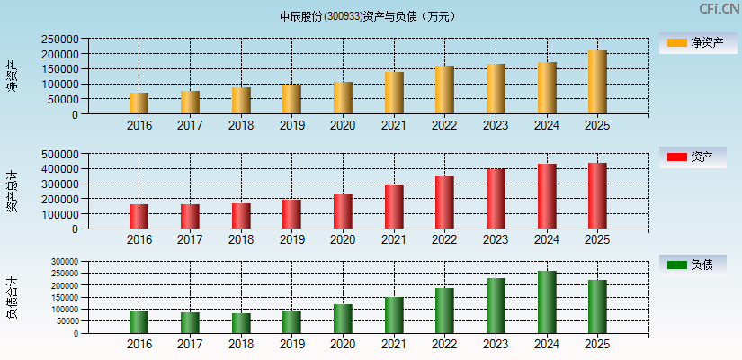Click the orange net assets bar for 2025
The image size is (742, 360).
[x=597, y=83]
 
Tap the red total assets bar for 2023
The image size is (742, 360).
[x=496, y=199]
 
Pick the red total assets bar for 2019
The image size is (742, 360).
[x=291, y=214]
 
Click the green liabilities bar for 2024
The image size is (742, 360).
[x=547, y=302]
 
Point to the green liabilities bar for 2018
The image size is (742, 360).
[x=240, y=323]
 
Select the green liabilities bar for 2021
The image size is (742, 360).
[x=393, y=315]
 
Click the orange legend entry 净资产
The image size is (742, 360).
[x=692, y=43]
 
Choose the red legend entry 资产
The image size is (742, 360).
[x=692, y=157]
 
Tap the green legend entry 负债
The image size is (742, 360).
[x=692, y=265]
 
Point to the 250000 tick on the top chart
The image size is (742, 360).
[x=58, y=40]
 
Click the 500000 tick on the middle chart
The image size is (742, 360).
[x=58, y=154]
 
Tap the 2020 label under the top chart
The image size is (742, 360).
[x=343, y=125]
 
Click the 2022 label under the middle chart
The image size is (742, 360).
[x=444, y=239]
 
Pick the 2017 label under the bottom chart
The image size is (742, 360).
[x=190, y=345]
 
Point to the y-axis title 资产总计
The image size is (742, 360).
[x=12, y=191]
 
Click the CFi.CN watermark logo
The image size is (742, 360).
[x=720, y=9]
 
